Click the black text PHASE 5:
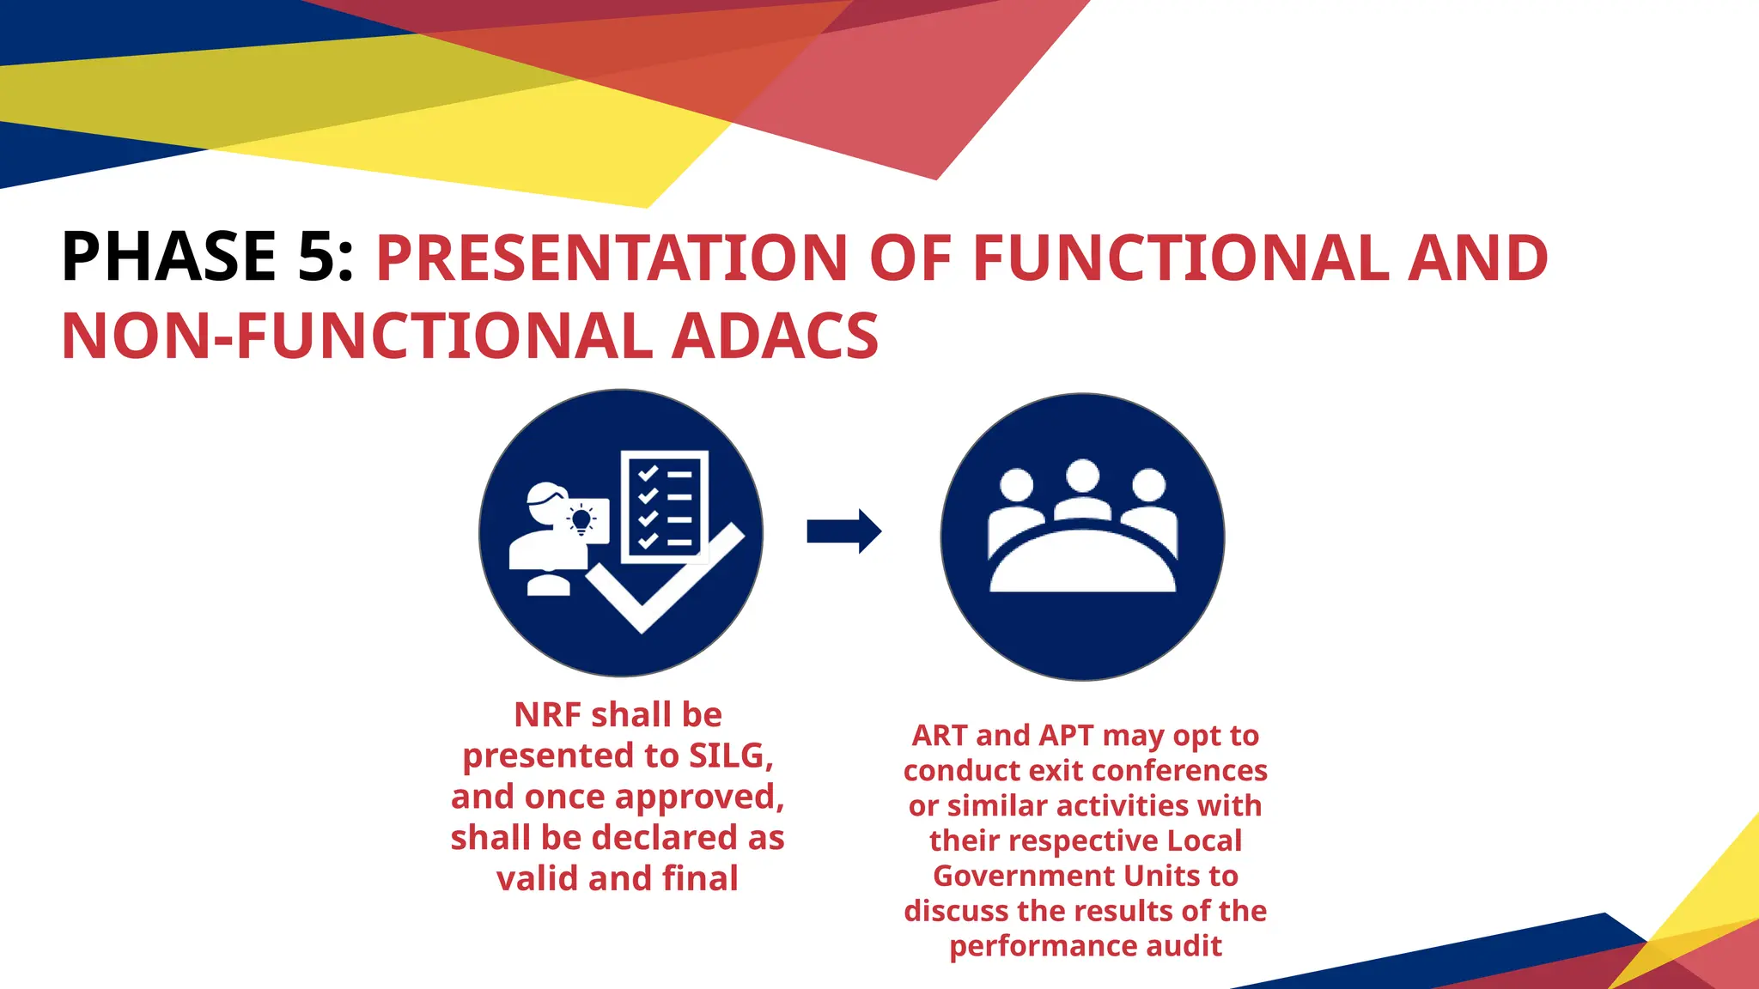tap(207, 257)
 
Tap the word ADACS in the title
tap(775, 337)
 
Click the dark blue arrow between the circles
tap(843, 531)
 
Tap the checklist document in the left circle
tap(665, 505)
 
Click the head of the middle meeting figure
tap(1082, 476)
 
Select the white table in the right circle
tap(1082, 567)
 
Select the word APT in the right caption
tap(1066, 736)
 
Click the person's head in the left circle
tap(546, 505)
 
